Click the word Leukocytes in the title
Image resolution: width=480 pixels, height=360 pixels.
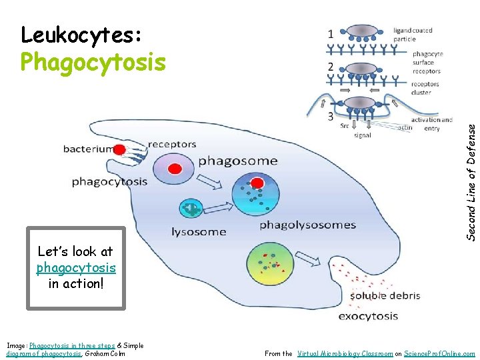(x=80, y=35)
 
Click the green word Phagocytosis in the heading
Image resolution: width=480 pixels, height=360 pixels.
(x=93, y=62)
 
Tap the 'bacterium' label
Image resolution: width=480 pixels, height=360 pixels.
(x=88, y=149)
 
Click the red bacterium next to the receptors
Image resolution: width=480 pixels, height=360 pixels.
(x=119, y=149)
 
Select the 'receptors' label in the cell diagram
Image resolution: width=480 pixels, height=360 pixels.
(x=172, y=144)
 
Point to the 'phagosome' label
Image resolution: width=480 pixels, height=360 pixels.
(x=237, y=161)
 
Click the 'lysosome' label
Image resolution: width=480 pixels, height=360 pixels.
(x=199, y=232)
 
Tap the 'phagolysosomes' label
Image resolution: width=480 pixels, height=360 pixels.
(x=307, y=225)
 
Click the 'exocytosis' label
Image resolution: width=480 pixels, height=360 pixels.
(x=368, y=316)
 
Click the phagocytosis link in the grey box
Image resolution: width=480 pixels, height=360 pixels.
(x=76, y=267)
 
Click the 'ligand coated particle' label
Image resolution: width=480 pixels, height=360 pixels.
(x=413, y=35)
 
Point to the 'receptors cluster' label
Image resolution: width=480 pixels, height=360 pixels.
(x=425, y=88)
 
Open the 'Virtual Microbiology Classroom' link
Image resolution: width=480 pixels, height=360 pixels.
(x=345, y=353)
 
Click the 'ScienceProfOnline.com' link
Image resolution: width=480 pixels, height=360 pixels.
(x=439, y=353)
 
